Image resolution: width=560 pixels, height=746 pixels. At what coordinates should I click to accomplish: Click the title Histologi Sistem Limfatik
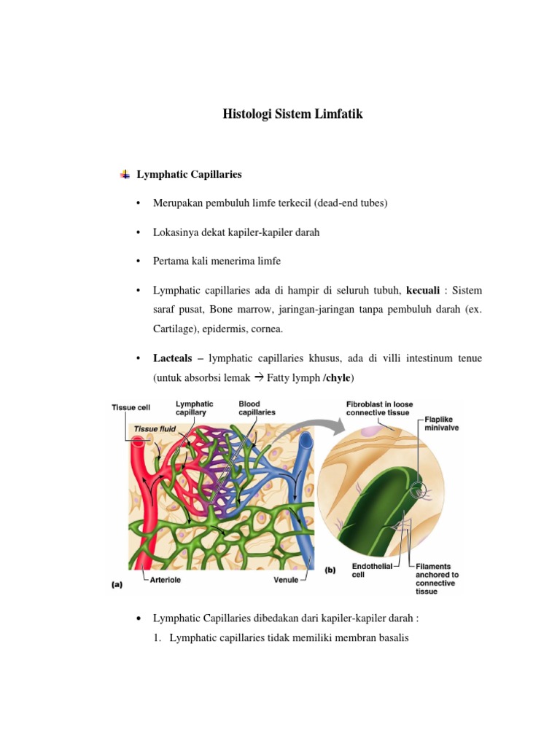point(292,114)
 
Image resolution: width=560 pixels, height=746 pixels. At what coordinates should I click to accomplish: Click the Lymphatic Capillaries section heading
point(189,175)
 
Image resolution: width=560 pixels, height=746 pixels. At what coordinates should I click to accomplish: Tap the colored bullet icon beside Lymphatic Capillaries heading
point(125,175)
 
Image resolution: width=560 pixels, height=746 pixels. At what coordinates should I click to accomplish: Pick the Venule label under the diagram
point(287,581)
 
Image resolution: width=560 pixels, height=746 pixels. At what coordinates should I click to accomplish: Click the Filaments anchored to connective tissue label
point(435,578)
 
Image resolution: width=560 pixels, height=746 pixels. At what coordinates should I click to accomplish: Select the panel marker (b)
point(330,571)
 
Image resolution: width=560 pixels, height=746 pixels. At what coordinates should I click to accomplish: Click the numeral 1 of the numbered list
point(172,639)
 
